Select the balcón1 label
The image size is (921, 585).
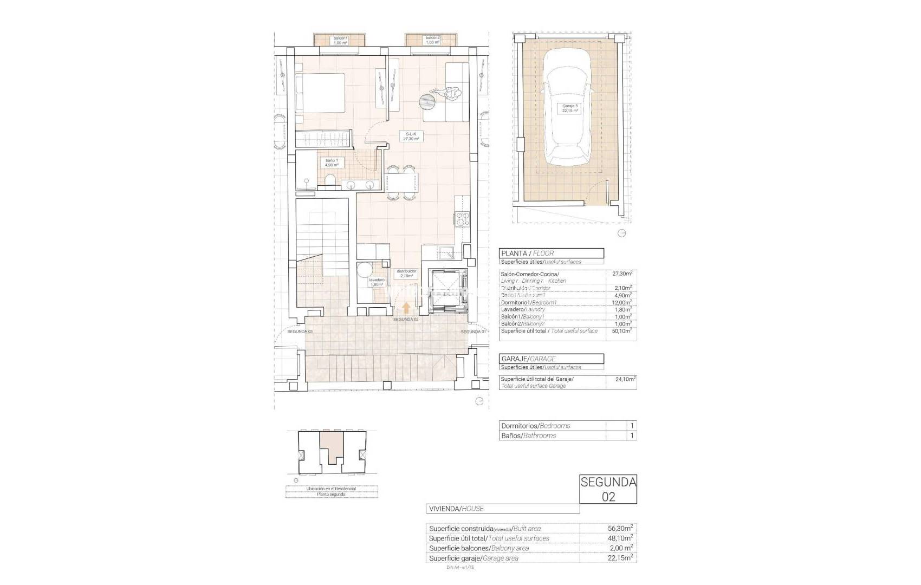pos(340,40)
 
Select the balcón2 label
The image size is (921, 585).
pos(432,40)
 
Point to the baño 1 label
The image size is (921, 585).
pos(332,163)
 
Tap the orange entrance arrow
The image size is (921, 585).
pos(406,308)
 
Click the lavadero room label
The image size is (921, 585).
pos(377,282)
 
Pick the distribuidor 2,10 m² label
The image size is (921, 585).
pos(406,273)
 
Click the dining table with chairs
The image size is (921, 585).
pos(402,183)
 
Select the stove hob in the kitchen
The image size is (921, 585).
pos(462,219)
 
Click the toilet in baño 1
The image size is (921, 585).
pos(330,181)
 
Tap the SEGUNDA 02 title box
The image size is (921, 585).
pos(608,489)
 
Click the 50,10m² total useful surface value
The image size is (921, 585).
pos(624,331)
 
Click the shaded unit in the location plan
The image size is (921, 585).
pos(331,446)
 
